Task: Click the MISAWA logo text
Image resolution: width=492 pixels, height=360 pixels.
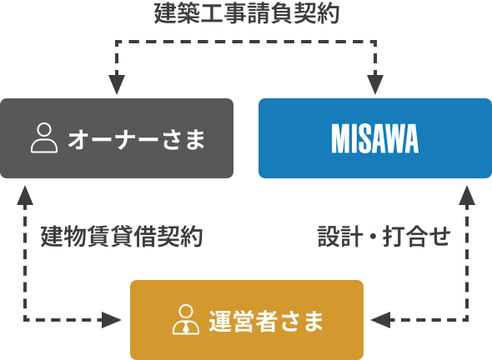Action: (375, 138)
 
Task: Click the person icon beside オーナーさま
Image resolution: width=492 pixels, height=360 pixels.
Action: (43, 138)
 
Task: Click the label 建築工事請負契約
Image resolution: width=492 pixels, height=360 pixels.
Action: (247, 14)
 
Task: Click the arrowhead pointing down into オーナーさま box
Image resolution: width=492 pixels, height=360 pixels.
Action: (117, 85)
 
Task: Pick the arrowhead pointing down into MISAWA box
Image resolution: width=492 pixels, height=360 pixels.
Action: (376, 85)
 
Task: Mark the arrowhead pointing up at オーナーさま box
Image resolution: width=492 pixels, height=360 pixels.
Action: (26, 194)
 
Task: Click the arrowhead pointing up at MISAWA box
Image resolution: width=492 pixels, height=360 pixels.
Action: (467, 194)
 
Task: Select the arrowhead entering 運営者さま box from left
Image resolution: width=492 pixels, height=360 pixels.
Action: (114, 319)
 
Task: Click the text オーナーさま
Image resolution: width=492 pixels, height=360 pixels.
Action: (136, 138)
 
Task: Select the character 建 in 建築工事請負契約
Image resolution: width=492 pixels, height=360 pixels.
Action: (166, 14)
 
